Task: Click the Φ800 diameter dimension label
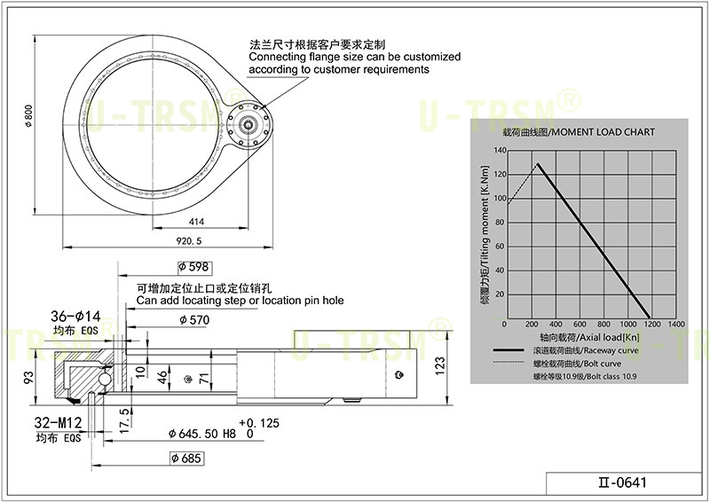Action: [x=28, y=116]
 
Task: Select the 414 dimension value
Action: [x=196, y=222]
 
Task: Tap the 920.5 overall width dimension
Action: [x=189, y=241]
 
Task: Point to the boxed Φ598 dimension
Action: [x=194, y=268]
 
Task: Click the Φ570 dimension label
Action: [x=194, y=320]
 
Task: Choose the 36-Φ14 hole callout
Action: [x=75, y=316]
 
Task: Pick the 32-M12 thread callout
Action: [x=58, y=423]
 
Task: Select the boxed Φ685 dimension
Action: [x=186, y=459]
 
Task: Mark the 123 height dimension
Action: [x=440, y=366]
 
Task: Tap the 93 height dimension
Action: [x=28, y=377]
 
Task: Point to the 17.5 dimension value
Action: [x=125, y=421]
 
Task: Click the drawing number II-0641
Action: [x=623, y=482]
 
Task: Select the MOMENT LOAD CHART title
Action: [x=580, y=132]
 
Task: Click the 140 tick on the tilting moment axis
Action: [x=500, y=150]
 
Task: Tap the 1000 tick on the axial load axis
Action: [x=628, y=324]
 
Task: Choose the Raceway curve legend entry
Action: [x=566, y=350]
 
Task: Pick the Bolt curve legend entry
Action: [x=557, y=364]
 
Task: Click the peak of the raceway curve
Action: [x=538, y=163]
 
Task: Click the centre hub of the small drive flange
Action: [x=248, y=122]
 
